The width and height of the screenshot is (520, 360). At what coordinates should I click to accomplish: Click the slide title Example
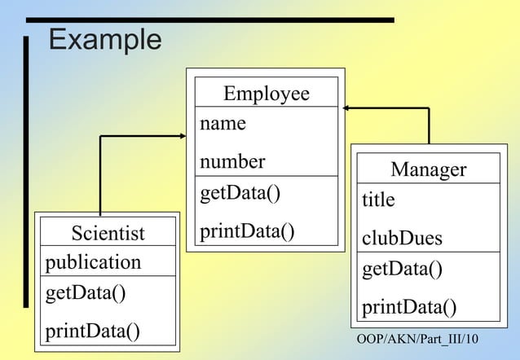(105, 39)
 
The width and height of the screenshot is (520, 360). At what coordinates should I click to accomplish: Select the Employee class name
(267, 94)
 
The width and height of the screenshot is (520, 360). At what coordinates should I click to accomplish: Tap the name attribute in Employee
(223, 124)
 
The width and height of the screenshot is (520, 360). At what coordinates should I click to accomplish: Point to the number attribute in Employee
(232, 161)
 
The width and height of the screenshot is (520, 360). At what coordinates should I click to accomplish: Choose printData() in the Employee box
(247, 230)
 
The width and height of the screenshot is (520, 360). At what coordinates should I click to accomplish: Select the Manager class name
(428, 169)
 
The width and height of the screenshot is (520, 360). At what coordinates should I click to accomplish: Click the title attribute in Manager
(378, 200)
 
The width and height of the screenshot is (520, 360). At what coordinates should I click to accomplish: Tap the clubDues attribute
(402, 238)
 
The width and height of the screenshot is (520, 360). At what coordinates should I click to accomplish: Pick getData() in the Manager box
(402, 269)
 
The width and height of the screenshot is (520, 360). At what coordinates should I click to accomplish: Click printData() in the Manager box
(409, 307)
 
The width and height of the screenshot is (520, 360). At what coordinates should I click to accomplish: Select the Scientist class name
(108, 234)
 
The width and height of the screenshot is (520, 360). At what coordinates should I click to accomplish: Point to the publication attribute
(93, 262)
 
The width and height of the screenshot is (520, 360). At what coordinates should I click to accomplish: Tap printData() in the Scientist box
(92, 331)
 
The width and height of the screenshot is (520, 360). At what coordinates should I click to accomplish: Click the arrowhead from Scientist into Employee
(182, 136)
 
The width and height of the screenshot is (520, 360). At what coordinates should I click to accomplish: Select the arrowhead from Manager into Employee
(346, 108)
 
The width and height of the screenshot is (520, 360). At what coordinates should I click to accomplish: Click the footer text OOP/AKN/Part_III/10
(418, 338)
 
